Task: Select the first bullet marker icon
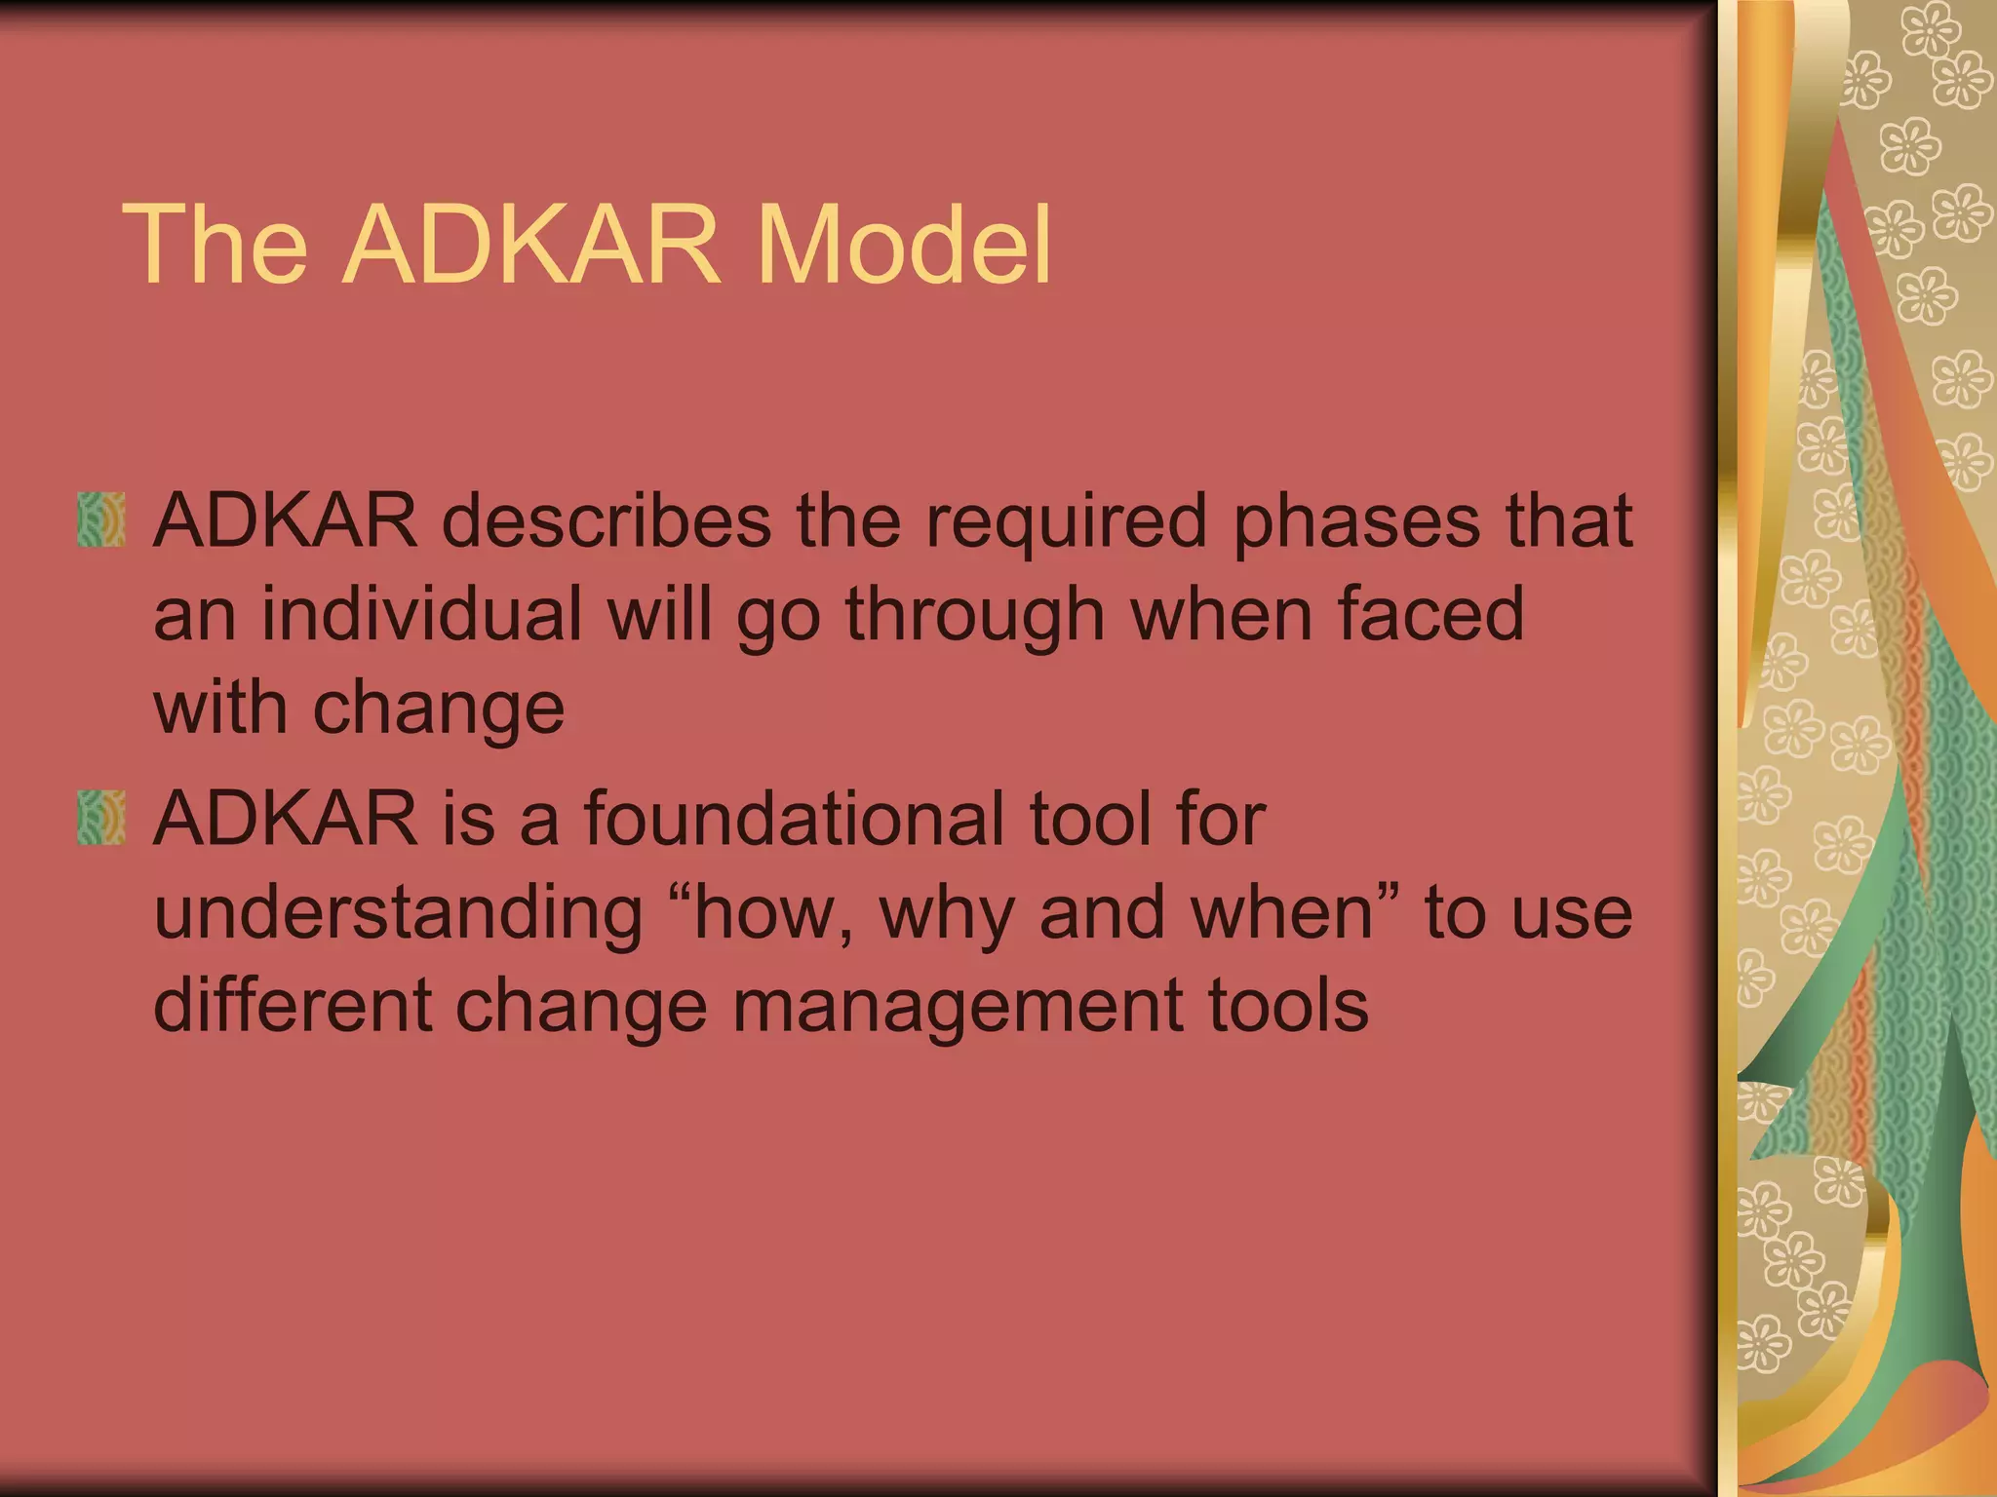pyautogui.click(x=101, y=519)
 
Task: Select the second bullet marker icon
pyautogui.click(x=101, y=818)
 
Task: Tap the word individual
pyautogui.click(x=421, y=614)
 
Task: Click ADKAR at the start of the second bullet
pyautogui.click(x=286, y=819)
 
